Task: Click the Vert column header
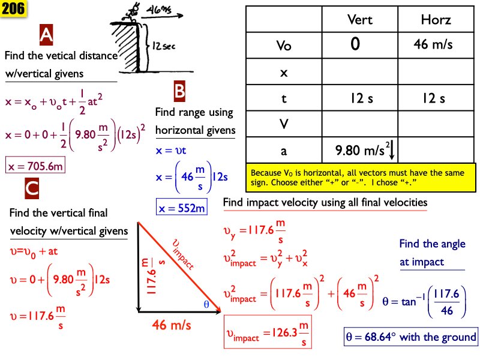360,20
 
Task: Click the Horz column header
436,20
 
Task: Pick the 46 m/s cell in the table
436,45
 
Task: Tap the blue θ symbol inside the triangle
206,304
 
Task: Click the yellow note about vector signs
362,176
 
